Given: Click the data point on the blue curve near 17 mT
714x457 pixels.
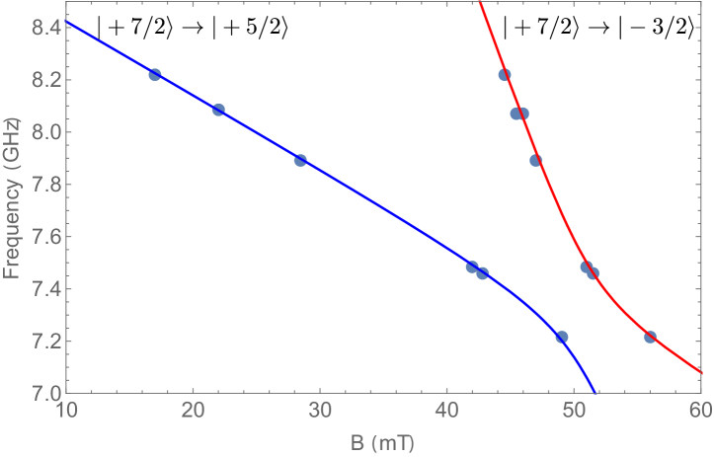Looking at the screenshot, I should click(x=155, y=75).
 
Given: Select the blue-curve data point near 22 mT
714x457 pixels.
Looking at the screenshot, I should click(x=218, y=110).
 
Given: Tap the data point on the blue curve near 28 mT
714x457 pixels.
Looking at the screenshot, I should click(x=300, y=160).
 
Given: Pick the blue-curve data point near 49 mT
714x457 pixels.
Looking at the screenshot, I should click(x=561, y=338).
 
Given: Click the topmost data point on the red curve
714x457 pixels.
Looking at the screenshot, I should click(x=505, y=75).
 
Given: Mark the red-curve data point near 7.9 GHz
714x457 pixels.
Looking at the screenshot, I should click(x=535, y=160).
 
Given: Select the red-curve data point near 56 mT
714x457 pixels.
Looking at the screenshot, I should click(x=650, y=338).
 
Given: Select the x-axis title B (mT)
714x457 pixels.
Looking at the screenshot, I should click(x=382, y=443).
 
